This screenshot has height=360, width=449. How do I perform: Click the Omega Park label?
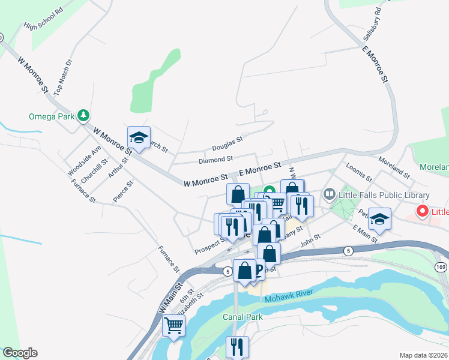click(x=51, y=116)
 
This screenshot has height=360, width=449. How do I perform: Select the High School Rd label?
click(x=43, y=19)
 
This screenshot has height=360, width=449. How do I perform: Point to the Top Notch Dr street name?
click(x=62, y=77)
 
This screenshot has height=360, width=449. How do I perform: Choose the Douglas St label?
click(x=227, y=143)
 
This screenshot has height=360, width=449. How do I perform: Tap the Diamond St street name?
click(x=215, y=160)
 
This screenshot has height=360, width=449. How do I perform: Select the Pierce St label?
click(x=121, y=190)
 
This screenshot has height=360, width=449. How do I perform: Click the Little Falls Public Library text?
click(x=384, y=195)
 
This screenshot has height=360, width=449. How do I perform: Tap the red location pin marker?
click(x=422, y=211)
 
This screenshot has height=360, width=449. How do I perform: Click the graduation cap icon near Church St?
click(x=139, y=137)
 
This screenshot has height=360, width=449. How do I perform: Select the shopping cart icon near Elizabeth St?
click(x=173, y=326)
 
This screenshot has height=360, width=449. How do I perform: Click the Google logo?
click(x=20, y=353)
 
